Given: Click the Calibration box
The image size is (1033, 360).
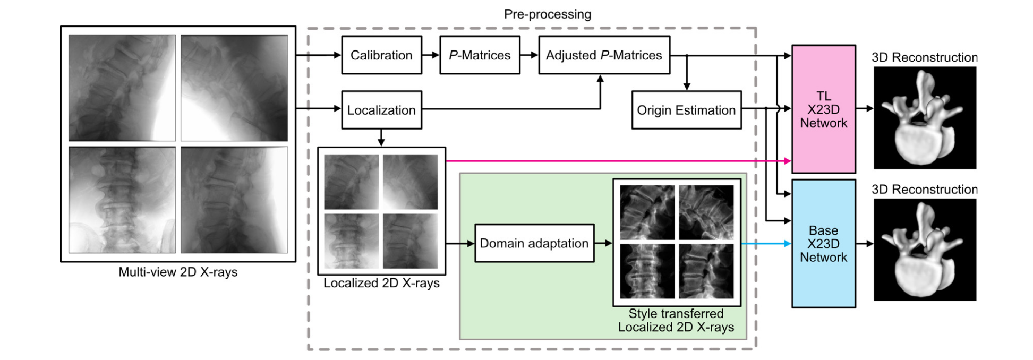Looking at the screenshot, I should [x=381, y=55].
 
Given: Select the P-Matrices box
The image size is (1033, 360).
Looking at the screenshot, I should [x=480, y=55].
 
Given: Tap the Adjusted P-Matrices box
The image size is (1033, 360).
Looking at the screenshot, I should [x=604, y=55].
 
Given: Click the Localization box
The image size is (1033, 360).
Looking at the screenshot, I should [x=381, y=110].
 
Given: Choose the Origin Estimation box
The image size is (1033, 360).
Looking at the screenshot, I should [x=686, y=110].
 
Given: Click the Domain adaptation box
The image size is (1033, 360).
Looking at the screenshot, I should [x=534, y=243].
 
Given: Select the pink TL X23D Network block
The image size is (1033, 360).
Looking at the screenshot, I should [x=823, y=109].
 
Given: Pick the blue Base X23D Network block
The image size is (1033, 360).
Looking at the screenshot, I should [x=823, y=244].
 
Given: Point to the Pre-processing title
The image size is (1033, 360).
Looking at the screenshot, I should [x=547, y=14].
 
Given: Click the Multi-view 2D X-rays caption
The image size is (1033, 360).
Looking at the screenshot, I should [x=178, y=272].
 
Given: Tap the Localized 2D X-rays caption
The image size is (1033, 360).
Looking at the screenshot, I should [x=381, y=283].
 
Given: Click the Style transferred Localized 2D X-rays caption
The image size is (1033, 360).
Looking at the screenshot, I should [x=676, y=321].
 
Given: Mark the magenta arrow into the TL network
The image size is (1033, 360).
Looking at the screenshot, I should [x=616, y=160].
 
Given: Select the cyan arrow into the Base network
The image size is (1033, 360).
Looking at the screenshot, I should [x=765, y=244].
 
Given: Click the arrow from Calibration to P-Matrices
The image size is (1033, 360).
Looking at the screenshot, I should [x=431, y=55].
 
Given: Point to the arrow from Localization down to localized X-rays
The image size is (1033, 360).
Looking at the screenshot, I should [x=381, y=138].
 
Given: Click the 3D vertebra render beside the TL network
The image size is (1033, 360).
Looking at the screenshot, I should [x=925, y=117].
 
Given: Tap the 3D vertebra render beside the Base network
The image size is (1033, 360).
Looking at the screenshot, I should [x=925, y=250].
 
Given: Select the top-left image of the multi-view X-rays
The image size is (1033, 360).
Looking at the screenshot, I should [x=122, y=88].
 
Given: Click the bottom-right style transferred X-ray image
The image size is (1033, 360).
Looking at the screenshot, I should [x=706, y=271].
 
